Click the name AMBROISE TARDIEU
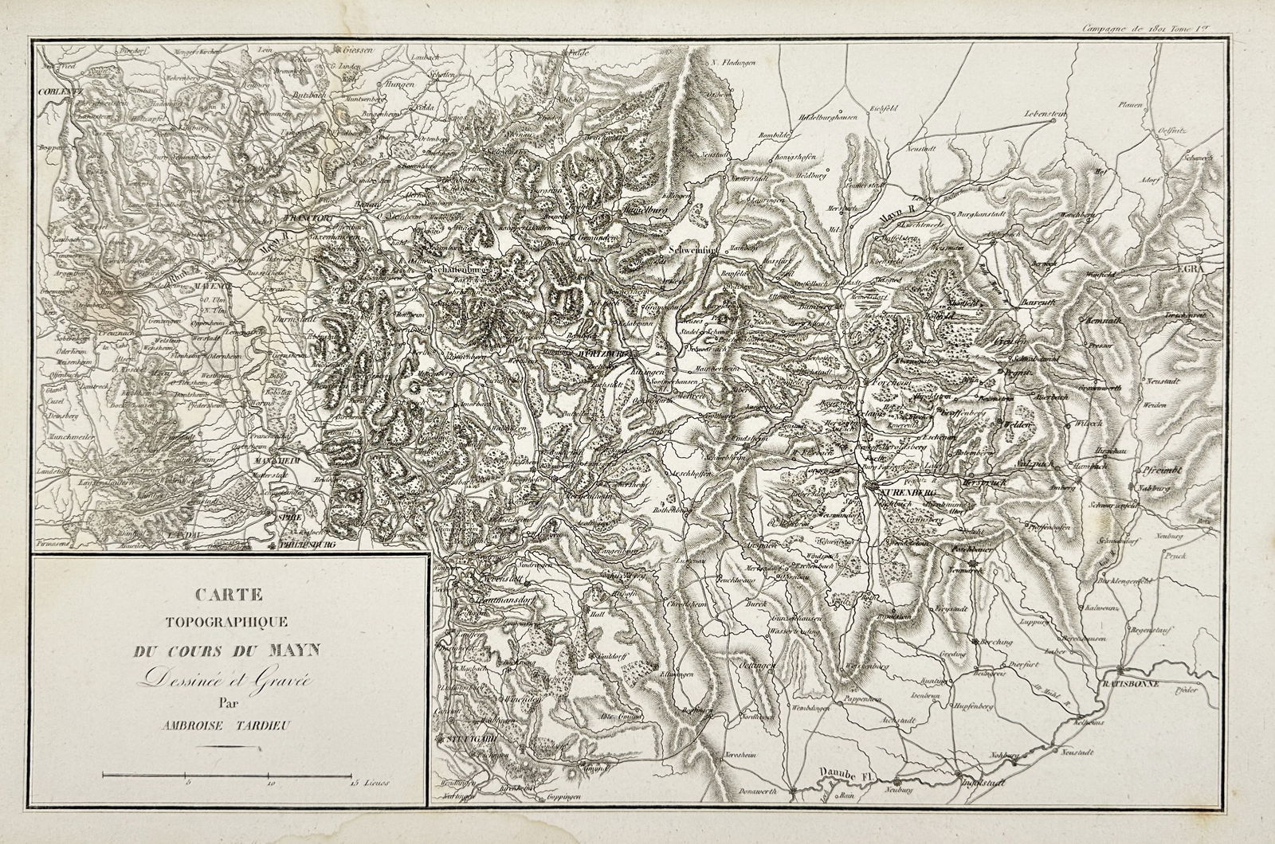click(x=227, y=723)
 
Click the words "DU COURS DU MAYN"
click(x=227, y=650)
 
